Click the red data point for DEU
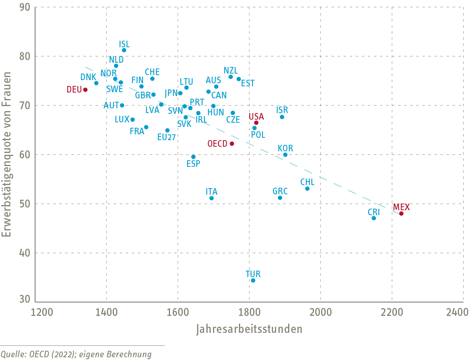click(85, 90)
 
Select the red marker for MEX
click(401, 214)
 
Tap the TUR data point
click(253, 280)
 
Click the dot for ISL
click(124, 50)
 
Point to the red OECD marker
click(232, 144)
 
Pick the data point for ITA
click(211, 198)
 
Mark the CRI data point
click(374, 218)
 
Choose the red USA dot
click(256, 123)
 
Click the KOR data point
click(285, 155)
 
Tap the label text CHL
click(308, 182)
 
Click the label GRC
click(280, 191)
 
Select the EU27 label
click(167, 137)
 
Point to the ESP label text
click(193, 164)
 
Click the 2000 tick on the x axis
click(321, 312)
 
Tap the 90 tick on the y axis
click(25, 7)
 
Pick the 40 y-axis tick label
click(25, 253)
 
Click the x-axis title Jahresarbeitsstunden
click(249, 329)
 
